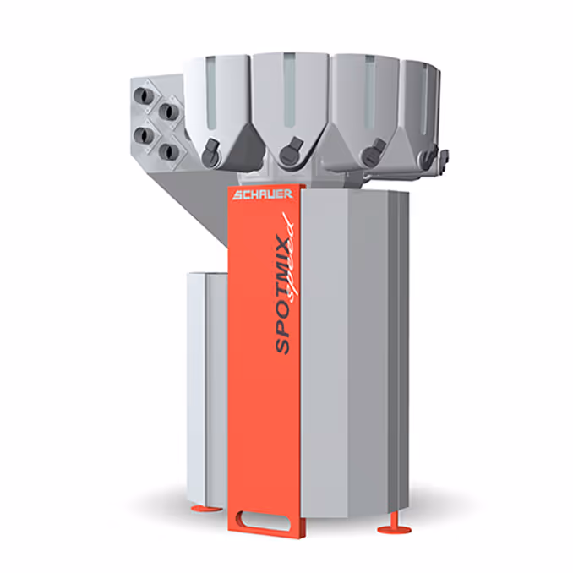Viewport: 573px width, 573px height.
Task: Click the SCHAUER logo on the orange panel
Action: click(262, 194)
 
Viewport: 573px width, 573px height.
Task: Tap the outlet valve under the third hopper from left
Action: click(368, 154)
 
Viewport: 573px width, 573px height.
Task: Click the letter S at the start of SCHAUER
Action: click(237, 195)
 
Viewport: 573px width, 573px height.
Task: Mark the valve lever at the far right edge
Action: click(440, 156)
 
